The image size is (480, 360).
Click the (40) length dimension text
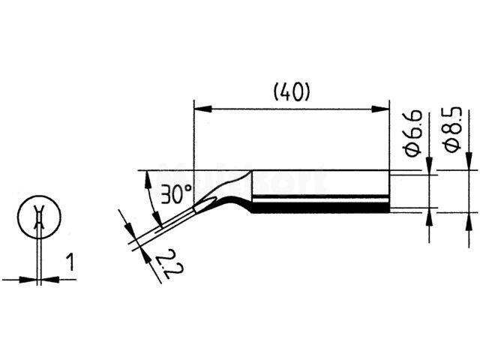pyautogui.click(x=291, y=92)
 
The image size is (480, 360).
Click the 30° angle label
pyautogui.click(x=176, y=194)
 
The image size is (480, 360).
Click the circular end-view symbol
pyautogui.click(x=36, y=217)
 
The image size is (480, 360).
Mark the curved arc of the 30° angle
pyautogui.click(x=153, y=196)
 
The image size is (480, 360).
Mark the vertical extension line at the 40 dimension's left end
pyautogui.click(x=194, y=135)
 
